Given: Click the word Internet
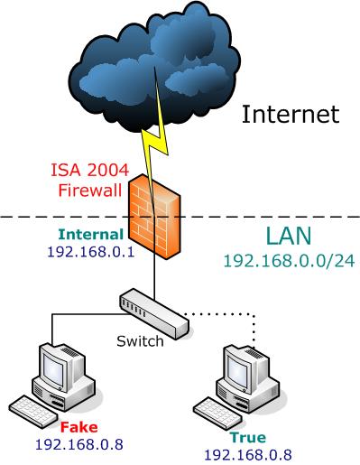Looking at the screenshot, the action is [x=291, y=114].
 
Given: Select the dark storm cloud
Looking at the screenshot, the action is [x=154, y=66].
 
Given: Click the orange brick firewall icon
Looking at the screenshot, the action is [x=155, y=216].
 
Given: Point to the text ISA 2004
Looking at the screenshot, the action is [x=89, y=170].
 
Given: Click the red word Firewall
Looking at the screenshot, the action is [x=90, y=191].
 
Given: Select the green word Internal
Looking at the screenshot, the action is [x=91, y=235].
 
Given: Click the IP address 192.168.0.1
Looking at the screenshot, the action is [x=91, y=252].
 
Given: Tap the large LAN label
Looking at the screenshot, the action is [x=289, y=236].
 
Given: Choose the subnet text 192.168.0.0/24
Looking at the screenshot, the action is [x=290, y=261].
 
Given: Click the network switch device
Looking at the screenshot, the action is [x=154, y=314].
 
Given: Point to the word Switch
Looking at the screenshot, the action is [x=140, y=341].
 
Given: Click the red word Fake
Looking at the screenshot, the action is [x=79, y=427].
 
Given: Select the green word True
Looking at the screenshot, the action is [x=248, y=437].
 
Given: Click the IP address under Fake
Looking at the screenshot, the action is [x=79, y=444].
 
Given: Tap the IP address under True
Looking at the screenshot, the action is [x=248, y=455].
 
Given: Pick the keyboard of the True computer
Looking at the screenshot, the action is [x=217, y=414].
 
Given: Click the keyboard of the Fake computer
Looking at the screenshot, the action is [x=32, y=412].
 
